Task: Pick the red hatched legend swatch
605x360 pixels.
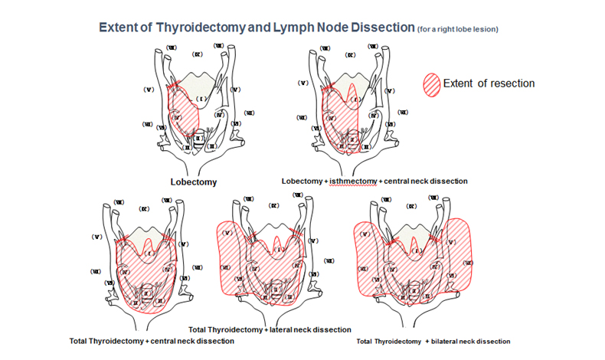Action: pyautogui.click(x=432, y=83)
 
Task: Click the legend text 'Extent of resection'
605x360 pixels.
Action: pyautogui.click(x=489, y=83)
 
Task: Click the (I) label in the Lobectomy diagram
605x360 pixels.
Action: pyautogui.click(x=201, y=99)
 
